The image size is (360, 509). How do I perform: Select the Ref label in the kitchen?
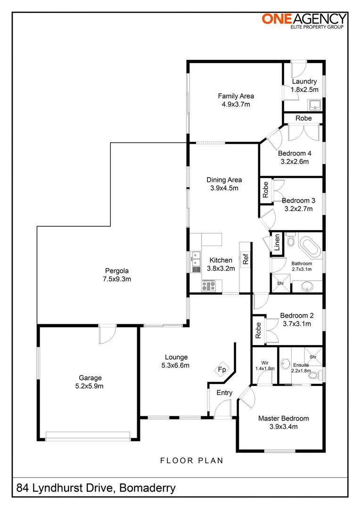point(245,259)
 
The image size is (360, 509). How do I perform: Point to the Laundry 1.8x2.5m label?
point(304,85)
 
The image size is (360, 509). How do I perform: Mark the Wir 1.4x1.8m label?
point(264,366)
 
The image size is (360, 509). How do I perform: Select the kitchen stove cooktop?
point(208,285)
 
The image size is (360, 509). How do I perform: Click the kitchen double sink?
point(196,262)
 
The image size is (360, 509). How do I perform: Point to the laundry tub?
point(314,105)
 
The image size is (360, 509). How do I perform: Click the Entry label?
point(224,393)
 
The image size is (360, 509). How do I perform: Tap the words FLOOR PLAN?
point(191,460)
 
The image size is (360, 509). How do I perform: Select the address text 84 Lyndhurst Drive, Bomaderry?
point(96,488)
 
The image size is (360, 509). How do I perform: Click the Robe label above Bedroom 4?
point(303,118)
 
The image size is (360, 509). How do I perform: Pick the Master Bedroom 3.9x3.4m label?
point(283,422)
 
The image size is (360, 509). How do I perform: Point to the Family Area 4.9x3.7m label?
point(236,100)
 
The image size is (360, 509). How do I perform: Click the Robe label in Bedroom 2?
point(258,330)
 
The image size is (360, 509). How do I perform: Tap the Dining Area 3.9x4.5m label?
point(224,184)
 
